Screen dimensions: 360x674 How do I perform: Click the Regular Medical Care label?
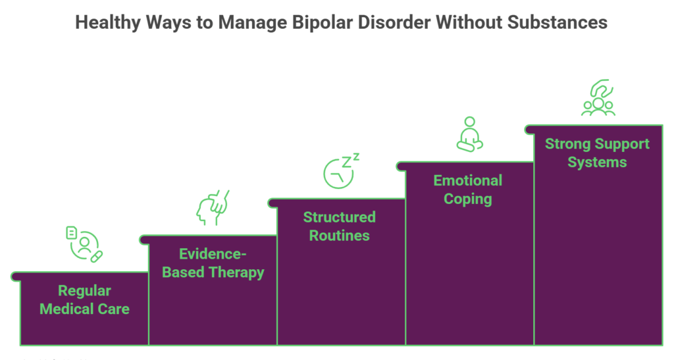tap(84, 299)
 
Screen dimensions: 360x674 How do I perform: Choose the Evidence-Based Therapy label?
tap(213, 263)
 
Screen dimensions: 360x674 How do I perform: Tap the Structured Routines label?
tap(340, 226)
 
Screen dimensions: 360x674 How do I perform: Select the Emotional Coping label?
tap(468, 190)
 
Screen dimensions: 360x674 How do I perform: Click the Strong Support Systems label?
tap(597, 153)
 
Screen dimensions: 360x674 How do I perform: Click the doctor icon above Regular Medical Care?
tap(84, 244)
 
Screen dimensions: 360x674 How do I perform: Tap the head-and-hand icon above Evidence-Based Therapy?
tap(213, 207)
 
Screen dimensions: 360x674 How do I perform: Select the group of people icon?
tap(598, 98)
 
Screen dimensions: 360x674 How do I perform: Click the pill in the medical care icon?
tap(97, 256)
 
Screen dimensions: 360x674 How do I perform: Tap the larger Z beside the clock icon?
tap(346, 162)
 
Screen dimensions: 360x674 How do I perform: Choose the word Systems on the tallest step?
tap(597, 162)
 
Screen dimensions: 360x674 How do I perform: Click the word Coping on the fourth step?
tap(468, 199)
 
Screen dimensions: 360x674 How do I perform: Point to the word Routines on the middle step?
tap(340, 235)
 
